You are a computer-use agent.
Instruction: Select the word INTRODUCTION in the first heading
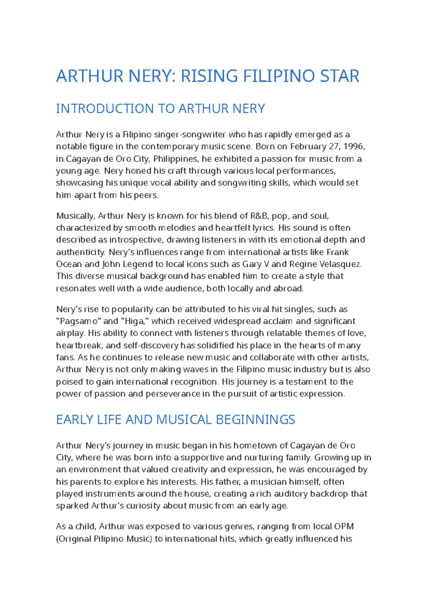(114, 109)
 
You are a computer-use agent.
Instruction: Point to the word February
(308, 146)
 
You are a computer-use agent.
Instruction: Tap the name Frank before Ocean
(337, 252)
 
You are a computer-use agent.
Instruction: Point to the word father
(228, 482)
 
